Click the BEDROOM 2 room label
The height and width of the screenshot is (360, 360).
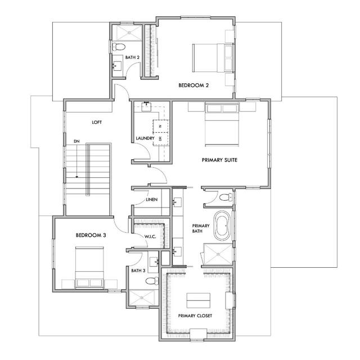click(194, 85)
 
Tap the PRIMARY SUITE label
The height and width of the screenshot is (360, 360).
click(220, 160)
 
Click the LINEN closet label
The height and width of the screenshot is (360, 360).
click(151, 200)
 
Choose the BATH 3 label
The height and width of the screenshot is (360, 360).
click(138, 271)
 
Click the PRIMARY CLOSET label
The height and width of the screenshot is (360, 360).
click(195, 316)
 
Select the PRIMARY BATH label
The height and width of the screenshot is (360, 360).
click(201, 229)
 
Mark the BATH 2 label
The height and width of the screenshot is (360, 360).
click(132, 57)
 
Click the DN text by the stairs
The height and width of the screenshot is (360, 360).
click(76, 141)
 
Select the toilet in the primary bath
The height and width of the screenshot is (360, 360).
click(225, 197)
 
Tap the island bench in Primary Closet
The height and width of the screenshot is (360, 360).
click(199, 298)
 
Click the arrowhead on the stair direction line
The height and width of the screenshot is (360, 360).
click(76, 178)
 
